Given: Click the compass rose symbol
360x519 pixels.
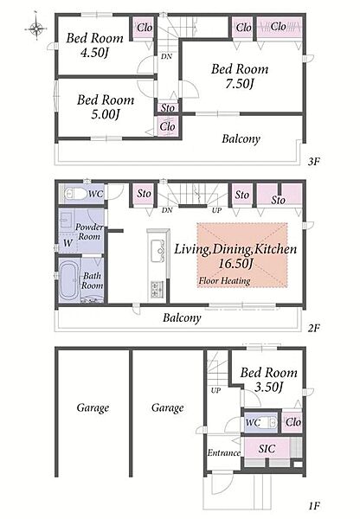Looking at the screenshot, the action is click(x=35, y=28).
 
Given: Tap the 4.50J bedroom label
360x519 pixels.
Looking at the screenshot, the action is click(x=95, y=45).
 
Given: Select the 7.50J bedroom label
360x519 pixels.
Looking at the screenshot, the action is click(x=240, y=76).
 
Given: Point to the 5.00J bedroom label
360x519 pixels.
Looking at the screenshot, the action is click(x=106, y=107).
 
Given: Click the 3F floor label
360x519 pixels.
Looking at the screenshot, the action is click(x=313, y=162).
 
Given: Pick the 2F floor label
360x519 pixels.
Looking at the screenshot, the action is click(x=313, y=328).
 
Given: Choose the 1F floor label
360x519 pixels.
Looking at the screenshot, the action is click(x=313, y=506).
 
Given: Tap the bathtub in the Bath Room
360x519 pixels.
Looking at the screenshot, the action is click(x=69, y=279).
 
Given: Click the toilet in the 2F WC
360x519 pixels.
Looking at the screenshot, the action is click(x=75, y=194).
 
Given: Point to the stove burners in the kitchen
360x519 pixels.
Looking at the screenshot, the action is click(x=157, y=289).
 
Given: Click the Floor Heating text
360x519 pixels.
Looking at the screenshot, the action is click(x=224, y=281).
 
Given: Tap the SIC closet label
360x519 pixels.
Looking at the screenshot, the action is click(x=267, y=449).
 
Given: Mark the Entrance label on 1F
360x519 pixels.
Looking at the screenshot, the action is click(x=224, y=452).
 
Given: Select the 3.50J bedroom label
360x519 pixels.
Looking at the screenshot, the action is click(x=269, y=380).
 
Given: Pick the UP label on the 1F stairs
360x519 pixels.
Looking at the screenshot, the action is click(x=216, y=391).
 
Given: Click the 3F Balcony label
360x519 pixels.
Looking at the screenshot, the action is click(x=241, y=138).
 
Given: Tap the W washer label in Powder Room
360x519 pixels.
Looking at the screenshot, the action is click(x=67, y=242).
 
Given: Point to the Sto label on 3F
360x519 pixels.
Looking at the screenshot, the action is click(x=168, y=108).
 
